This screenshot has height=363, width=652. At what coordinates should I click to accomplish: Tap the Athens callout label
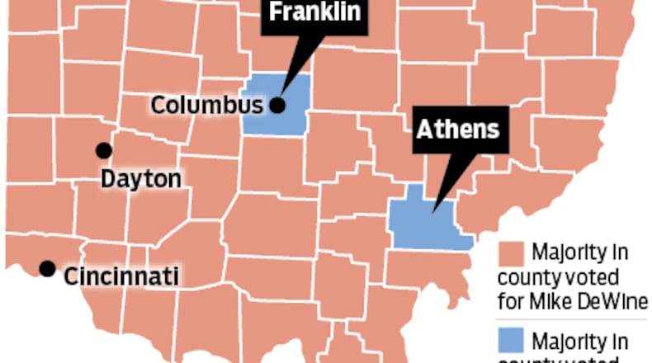pyautogui.click(x=456, y=130)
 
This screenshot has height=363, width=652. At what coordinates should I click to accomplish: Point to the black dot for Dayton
pyautogui.click(x=103, y=150)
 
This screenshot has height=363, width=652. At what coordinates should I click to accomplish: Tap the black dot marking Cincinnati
pyautogui.click(x=48, y=268)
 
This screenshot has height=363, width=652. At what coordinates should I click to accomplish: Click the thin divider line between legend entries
pyautogui.click(x=574, y=319)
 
